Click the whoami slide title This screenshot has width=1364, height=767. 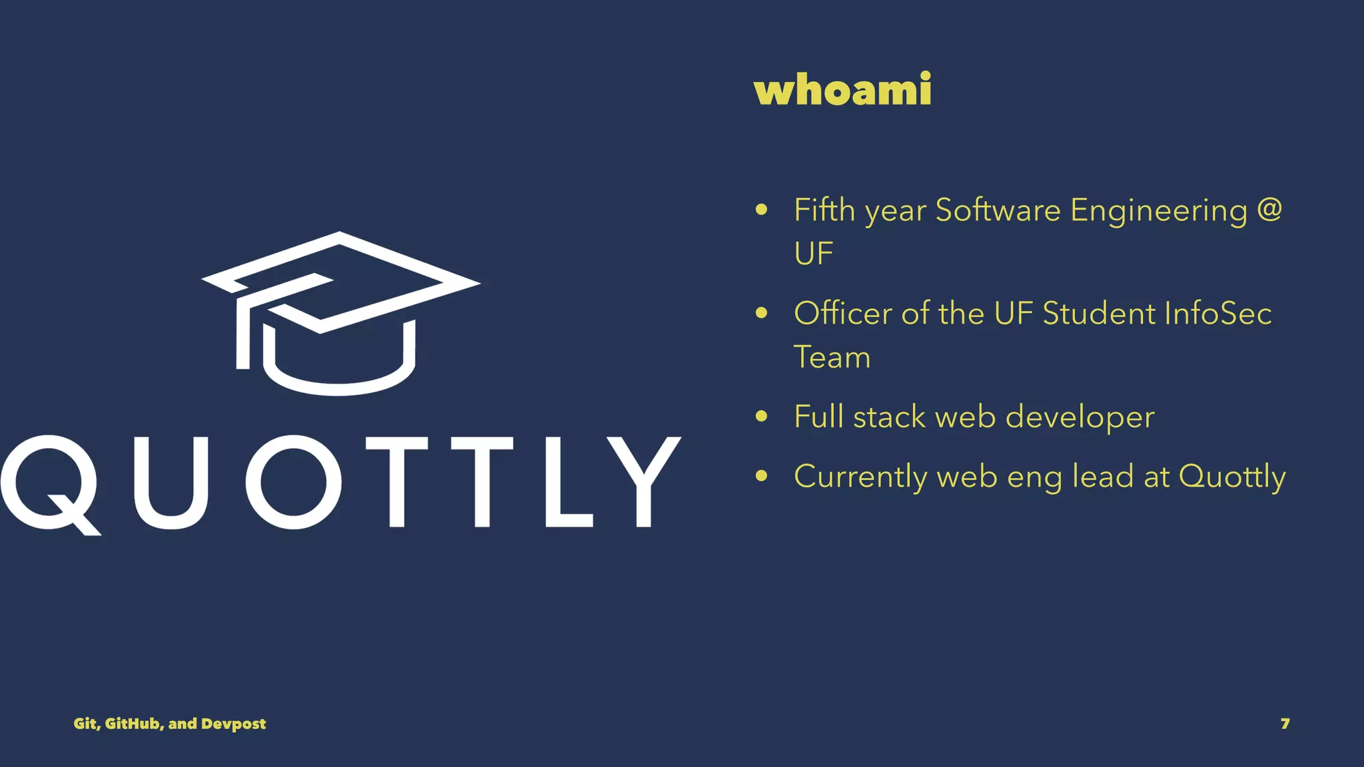pos(843,89)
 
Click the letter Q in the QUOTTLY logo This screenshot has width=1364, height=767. pos(51,483)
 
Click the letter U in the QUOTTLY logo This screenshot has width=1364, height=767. pos(171,482)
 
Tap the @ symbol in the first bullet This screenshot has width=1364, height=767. pos(1269,210)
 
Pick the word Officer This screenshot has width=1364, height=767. pos(843,313)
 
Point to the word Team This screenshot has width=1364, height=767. pos(832,357)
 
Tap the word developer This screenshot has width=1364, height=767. pos(1080,417)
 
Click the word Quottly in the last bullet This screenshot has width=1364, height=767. pos(1232,477)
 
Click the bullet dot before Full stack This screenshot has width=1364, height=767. pos(762,417)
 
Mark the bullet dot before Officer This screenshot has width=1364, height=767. pos(762,313)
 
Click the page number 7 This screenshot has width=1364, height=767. pos(1285,724)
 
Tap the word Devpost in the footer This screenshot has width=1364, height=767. pos(233,724)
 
